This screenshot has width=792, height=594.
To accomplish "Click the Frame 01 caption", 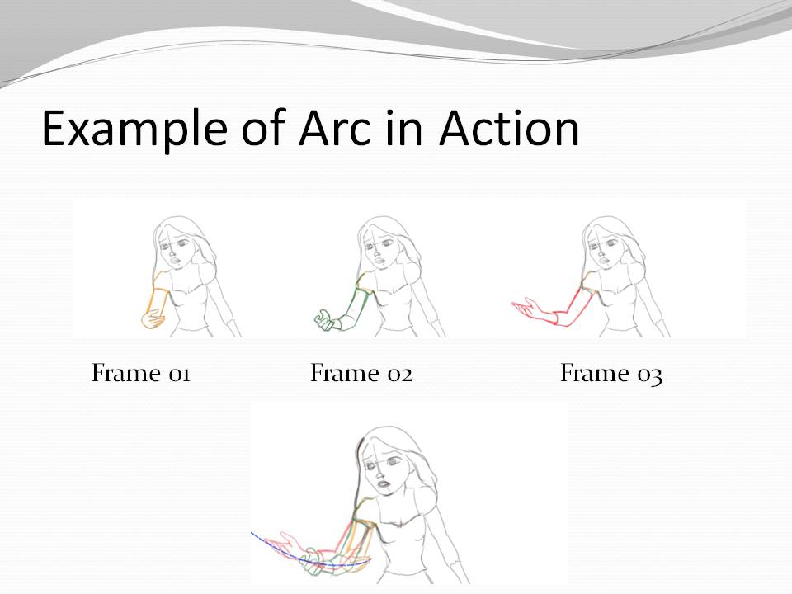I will [x=141, y=374].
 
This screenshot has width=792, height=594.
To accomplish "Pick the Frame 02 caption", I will [x=361, y=374].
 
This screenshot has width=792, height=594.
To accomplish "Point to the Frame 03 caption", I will [x=611, y=374].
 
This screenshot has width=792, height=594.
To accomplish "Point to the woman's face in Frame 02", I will [x=382, y=243].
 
